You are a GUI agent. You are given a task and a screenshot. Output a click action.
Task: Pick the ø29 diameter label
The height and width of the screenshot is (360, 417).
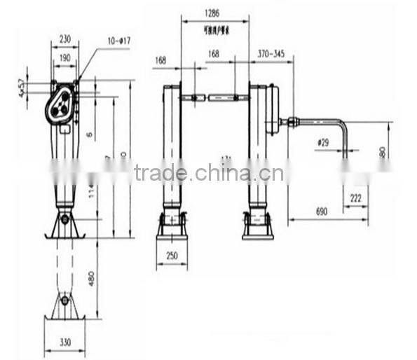tap(323, 142)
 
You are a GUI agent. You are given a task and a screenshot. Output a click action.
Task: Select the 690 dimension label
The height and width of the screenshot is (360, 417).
tap(322, 211)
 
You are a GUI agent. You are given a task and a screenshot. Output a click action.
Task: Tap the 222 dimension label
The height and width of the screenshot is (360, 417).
tap(355, 199)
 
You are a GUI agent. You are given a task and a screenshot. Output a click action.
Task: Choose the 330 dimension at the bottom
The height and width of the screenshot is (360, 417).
tap(64, 343)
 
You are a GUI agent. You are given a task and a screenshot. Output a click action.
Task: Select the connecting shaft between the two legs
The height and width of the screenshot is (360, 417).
tap(215, 97)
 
